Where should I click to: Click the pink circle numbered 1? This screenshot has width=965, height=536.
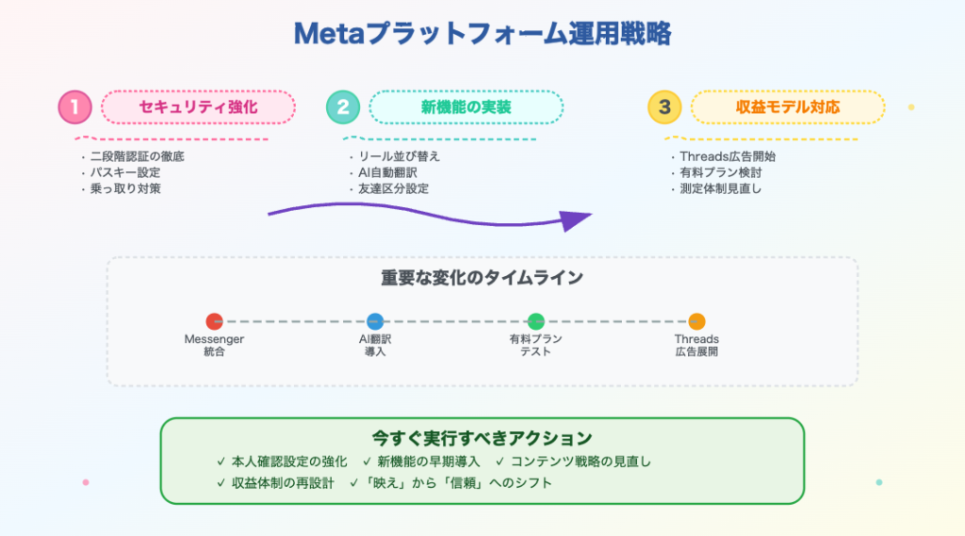tap(74, 107)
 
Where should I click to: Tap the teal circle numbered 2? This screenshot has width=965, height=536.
tap(342, 107)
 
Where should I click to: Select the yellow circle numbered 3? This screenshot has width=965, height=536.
tap(664, 107)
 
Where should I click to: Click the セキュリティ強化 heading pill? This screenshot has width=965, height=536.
tap(198, 107)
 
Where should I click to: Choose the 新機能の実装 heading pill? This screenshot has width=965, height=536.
tap(466, 107)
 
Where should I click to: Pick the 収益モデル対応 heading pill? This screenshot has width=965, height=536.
tap(788, 107)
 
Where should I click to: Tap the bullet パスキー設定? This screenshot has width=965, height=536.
tap(125, 172)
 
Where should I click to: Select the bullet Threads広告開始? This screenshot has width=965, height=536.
tap(728, 156)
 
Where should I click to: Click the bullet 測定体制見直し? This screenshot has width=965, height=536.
tap(721, 188)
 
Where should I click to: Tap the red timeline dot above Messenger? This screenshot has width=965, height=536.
tap(214, 321)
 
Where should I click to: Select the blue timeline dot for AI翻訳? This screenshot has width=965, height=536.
tap(375, 321)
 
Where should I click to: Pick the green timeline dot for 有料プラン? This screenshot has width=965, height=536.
tap(536, 321)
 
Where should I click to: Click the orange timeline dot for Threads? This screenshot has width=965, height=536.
tap(696, 321)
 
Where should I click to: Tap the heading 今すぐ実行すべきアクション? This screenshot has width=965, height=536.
tap(482, 438)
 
